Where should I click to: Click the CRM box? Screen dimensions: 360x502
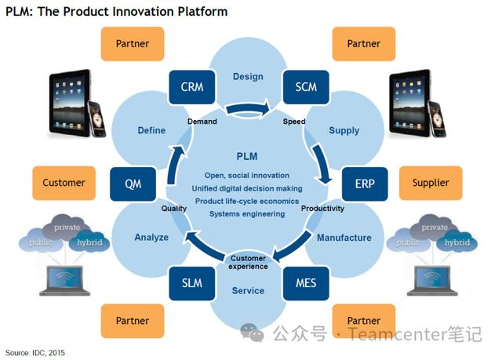[192, 87]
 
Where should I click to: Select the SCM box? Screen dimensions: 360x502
[300, 87]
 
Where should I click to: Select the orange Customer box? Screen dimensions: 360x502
[64, 183]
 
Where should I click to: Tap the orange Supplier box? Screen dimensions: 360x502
[431, 183]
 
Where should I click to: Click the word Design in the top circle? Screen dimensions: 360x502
[248, 77]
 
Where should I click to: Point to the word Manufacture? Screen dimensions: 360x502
[344, 237]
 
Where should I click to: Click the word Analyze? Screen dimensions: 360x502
[151, 237]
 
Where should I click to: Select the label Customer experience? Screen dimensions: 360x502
[248, 262]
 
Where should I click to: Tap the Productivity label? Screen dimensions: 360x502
[322, 209]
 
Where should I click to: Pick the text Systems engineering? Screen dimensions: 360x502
[247, 213]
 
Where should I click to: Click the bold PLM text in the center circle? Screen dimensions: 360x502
[247, 157]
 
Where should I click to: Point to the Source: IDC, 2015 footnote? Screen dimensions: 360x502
[37, 352]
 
